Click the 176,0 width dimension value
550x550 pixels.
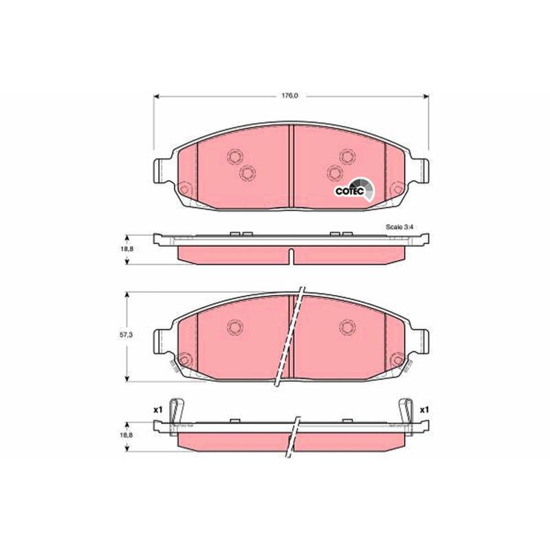pos(289,96)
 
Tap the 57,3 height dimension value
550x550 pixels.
pos(126,335)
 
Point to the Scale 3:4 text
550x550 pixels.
pos(399,227)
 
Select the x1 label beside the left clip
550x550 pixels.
pos(158,409)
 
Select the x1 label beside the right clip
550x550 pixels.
pos(424,409)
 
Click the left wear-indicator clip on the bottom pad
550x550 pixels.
pos(176,417)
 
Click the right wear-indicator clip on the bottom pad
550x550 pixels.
pos(406,417)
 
